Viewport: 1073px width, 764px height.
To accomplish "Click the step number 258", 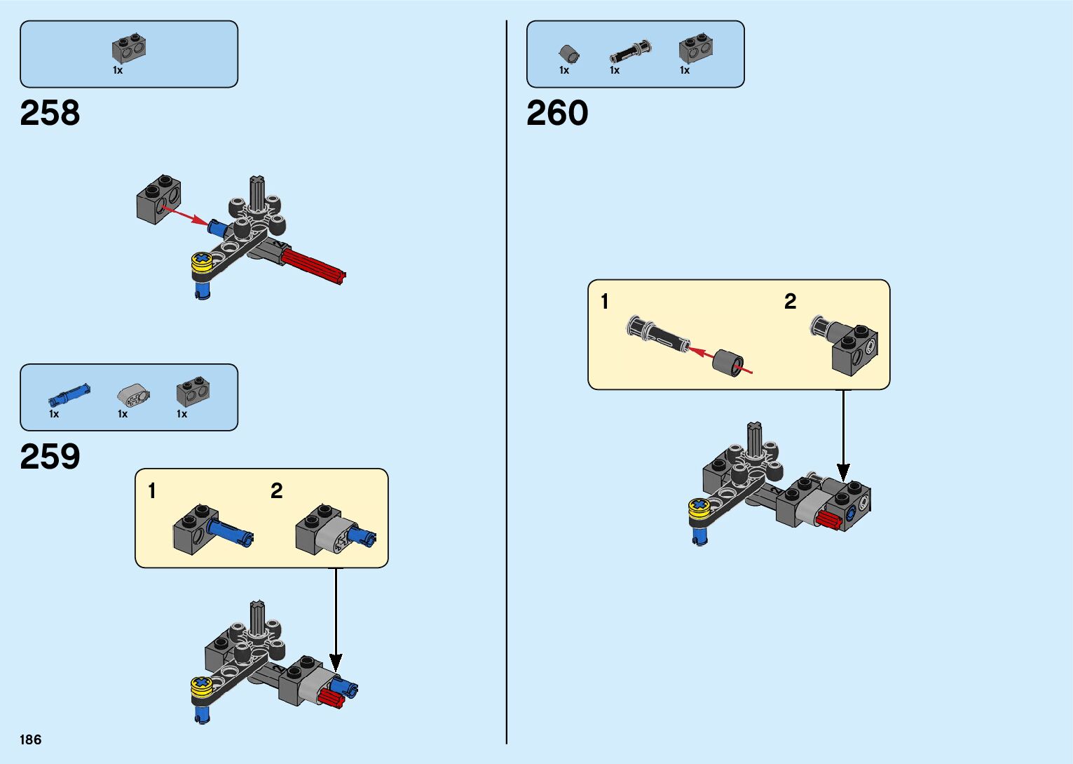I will [50, 113].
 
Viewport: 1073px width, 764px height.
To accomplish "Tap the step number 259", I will [50, 457].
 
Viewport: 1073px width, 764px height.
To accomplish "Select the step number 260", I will [557, 113].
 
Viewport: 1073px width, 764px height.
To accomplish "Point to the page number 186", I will [31, 739].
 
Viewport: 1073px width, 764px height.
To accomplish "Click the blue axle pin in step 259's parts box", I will [69, 396].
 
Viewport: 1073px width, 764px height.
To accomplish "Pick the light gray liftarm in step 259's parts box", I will [132, 396].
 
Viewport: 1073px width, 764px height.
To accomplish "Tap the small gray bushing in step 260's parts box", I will [568, 53].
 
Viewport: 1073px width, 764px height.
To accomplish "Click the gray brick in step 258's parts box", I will [128, 48].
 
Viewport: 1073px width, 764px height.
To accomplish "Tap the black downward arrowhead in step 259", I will [336, 662].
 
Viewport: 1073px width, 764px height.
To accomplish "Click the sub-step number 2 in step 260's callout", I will [790, 302].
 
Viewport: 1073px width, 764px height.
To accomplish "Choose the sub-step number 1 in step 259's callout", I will [152, 491].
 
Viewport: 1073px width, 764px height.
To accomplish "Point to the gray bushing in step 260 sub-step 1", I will [729, 362].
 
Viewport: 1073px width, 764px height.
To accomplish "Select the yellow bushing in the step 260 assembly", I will [699, 508].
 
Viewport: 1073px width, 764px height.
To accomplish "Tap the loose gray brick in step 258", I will [158, 199].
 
